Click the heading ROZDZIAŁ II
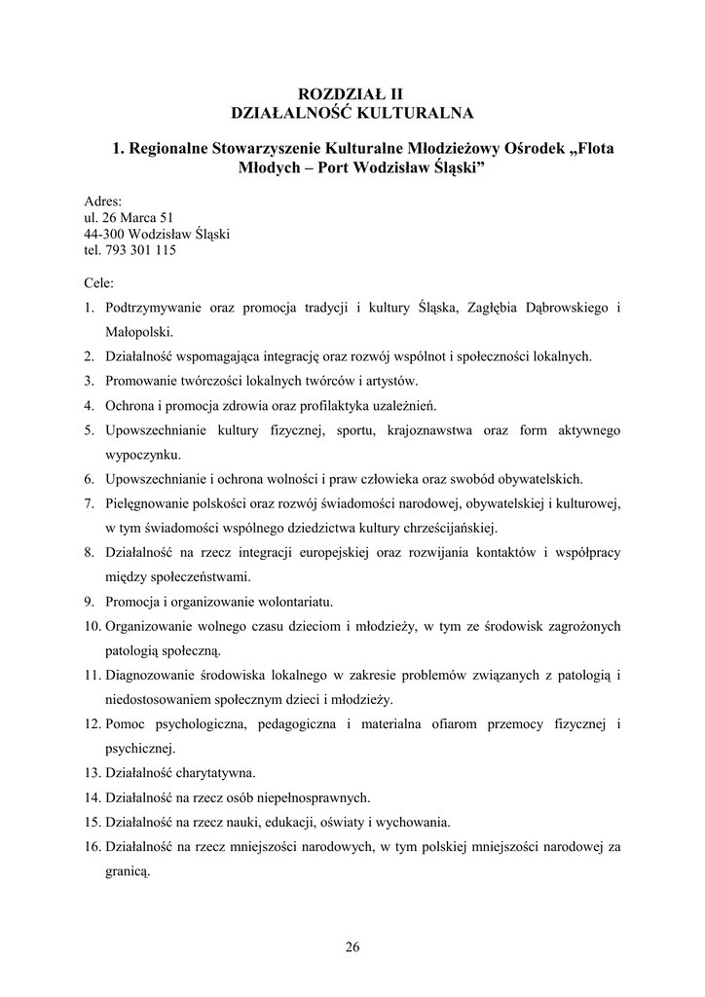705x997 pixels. tap(352, 94)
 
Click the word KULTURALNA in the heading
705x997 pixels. tap(415, 113)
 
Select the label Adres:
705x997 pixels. tap(103, 202)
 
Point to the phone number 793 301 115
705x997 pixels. tap(140, 249)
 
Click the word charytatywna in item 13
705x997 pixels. tap(214, 773)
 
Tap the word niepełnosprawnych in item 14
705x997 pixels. tap(311, 797)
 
